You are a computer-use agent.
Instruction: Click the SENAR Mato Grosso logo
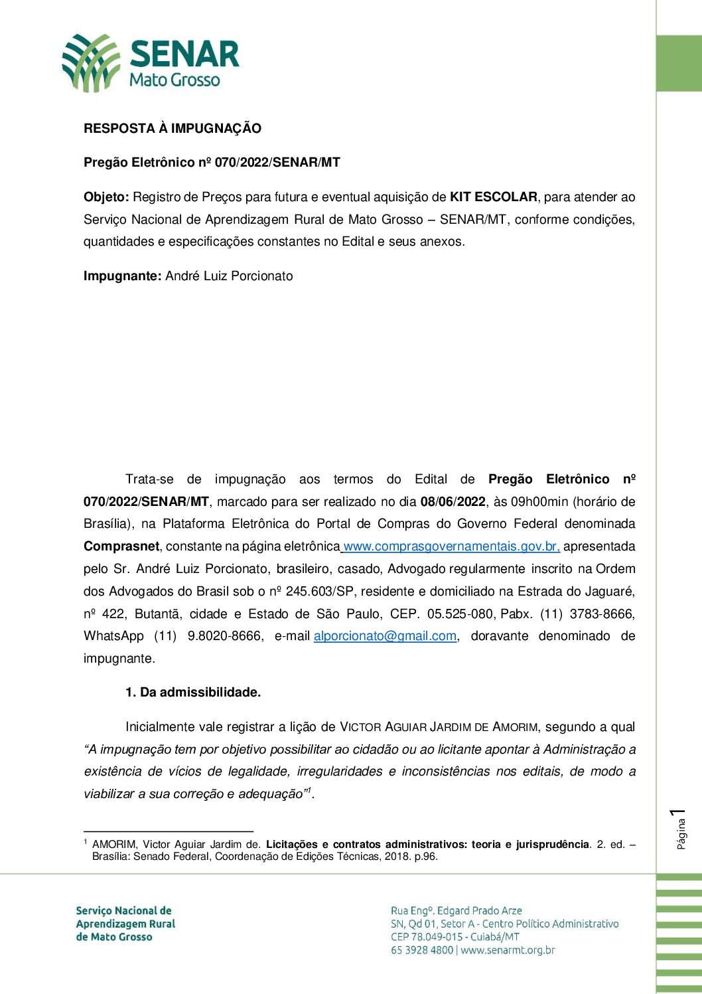tap(151, 63)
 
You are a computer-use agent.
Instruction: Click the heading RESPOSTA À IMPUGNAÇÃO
tap(173, 129)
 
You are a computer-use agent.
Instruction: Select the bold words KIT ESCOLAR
tap(493, 197)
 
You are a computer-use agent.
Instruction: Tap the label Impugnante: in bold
tap(123, 276)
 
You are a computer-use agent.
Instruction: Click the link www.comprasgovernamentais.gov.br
tap(451, 546)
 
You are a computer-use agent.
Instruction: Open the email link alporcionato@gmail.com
tap(385, 636)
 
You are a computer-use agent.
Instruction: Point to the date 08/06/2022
tap(453, 502)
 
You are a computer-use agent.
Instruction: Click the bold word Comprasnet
tap(121, 546)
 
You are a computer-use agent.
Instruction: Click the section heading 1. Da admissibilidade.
tap(193, 693)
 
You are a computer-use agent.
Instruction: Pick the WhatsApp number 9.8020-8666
tap(224, 636)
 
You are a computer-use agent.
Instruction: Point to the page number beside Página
tap(678, 814)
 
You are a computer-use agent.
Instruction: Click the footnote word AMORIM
tap(115, 845)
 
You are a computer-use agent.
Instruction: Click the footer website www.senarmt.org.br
tap(508, 950)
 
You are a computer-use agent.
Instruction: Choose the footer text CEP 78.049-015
tap(427, 937)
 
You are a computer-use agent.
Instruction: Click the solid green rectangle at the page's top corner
tap(679, 64)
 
